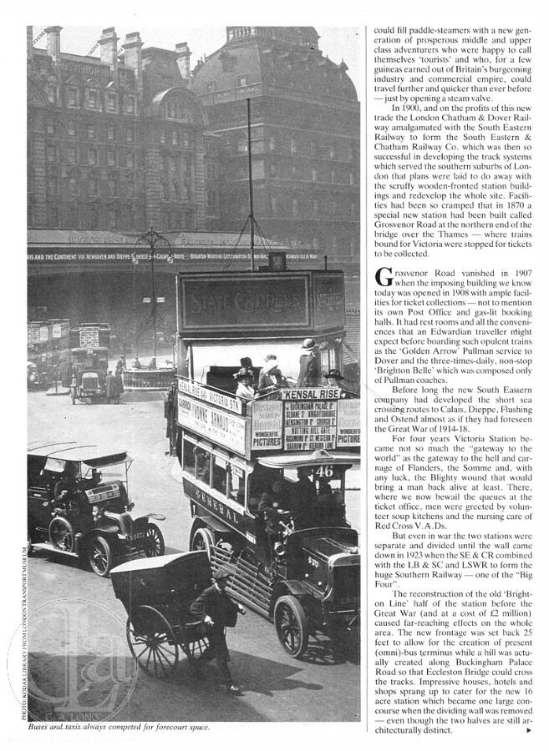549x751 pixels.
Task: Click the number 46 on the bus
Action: point(323,471)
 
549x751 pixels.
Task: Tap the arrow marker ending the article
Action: point(528,730)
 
